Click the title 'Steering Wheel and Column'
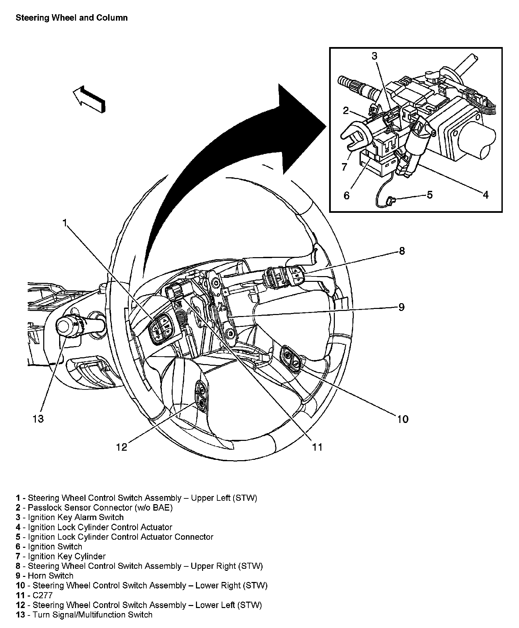pyautogui.click(x=72, y=18)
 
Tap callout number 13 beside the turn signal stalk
pyautogui.click(x=39, y=419)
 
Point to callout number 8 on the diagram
pyautogui.click(x=401, y=251)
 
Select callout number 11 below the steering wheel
pyautogui.click(x=317, y=447)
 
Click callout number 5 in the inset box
pyautogui.click(x=429, y=195)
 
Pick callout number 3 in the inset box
pyautogui.click(x=374, y=56)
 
